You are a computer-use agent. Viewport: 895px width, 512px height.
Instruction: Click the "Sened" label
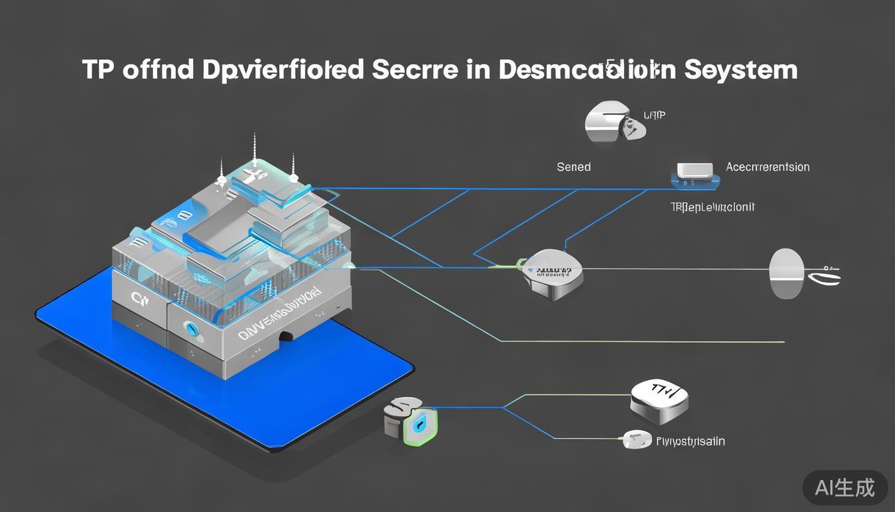[573, 167]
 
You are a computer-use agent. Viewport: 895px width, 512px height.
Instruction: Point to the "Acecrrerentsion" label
[768, 167]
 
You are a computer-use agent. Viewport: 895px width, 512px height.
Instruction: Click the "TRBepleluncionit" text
[713, 207]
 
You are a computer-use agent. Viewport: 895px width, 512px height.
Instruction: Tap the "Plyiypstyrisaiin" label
[691, 441]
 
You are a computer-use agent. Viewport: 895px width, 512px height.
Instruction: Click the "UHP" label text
[655, 115]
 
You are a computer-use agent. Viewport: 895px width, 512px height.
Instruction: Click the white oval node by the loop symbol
[786, 273]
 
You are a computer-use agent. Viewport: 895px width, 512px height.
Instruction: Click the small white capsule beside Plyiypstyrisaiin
[637, 439]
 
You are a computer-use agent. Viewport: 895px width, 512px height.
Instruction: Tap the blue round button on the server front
[188, 327]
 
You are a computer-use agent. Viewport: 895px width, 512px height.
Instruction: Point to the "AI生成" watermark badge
[845, 488]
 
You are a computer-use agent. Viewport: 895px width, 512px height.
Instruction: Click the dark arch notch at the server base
[286, 337]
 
